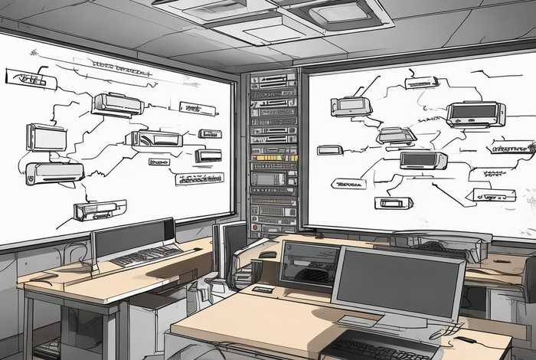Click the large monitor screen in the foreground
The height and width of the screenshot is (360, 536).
point(397,283)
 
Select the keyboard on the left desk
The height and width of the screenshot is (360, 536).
point(145,255)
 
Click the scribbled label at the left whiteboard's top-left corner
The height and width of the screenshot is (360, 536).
point(26,76)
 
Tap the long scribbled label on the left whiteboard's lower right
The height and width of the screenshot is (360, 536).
point(198,179)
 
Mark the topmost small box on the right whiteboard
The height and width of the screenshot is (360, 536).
point(422,82)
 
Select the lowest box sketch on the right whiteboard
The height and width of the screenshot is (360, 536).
point(394,203)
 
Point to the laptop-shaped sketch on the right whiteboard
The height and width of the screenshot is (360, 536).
point(397,136)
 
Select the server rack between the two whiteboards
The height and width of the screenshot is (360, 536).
point(273,146)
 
